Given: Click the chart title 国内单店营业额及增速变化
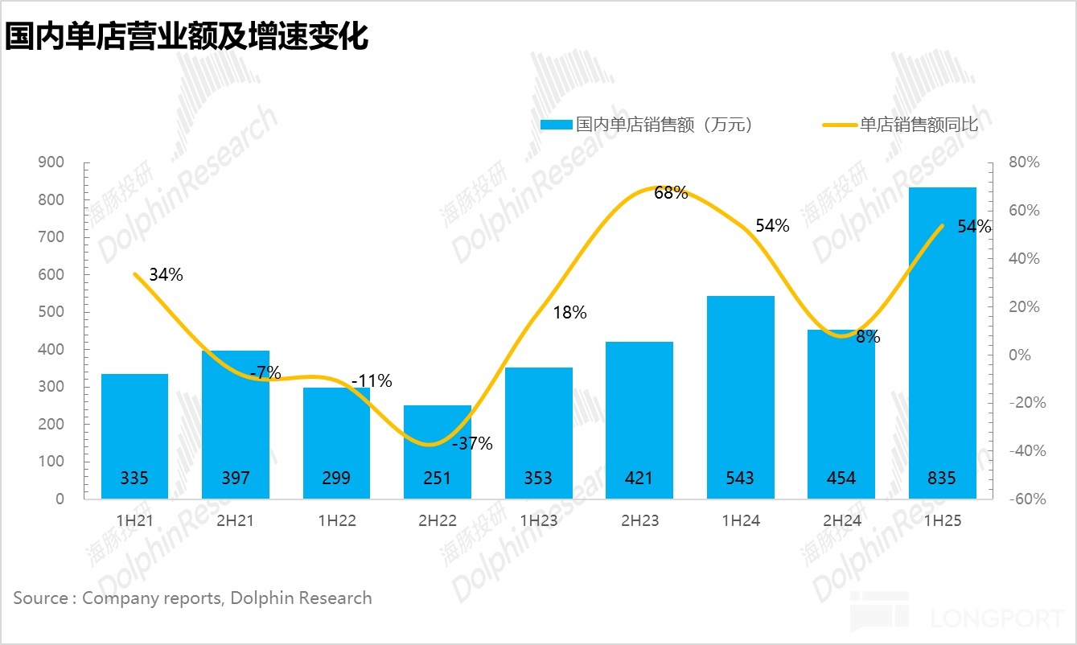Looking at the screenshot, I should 187,36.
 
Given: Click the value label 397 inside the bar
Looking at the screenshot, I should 235,478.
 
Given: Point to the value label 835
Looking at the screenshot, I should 942,478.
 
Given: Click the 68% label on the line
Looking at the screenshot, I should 671,193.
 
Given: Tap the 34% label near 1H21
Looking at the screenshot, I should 166,274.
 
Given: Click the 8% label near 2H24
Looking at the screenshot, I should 868,337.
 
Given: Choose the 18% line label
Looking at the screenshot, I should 569,313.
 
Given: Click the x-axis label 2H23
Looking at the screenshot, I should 639,520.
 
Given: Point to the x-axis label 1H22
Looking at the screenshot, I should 336,520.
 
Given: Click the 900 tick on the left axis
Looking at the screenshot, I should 51,162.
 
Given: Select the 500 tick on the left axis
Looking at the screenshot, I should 51,312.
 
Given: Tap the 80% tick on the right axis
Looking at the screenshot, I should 1024,162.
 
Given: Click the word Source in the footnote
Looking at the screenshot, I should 40,598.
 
